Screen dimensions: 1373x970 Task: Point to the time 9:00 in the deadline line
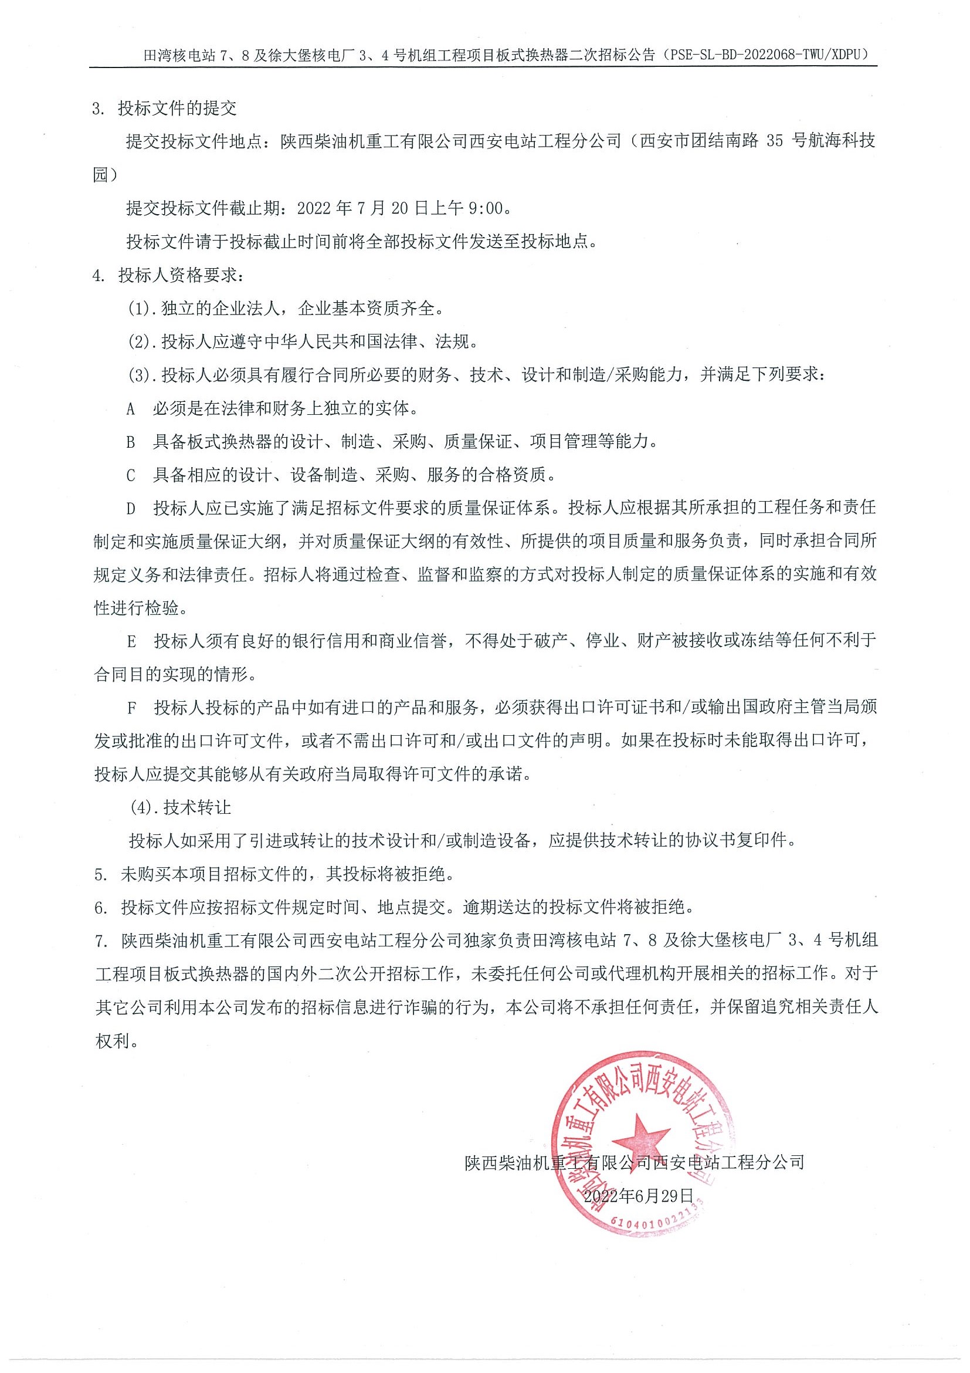(x=486, y=208)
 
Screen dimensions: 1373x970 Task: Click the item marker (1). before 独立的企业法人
(x=142, y=309)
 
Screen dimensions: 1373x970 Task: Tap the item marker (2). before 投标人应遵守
(x=142, y=342)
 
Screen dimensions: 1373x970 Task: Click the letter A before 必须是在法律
(x=131, y=409)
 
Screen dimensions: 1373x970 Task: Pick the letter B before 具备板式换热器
(x=131, y=442)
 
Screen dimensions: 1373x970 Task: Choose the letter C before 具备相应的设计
(x=131, y=476)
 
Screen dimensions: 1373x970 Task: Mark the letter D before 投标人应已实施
(x=131, y=509)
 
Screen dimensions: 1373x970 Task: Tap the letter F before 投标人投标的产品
(x=131, y=708)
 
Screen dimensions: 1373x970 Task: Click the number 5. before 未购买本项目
(x=100, y=874)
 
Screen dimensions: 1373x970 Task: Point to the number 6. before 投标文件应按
(x=100, y=908)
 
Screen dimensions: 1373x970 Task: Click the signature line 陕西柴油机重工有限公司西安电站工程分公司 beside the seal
(x=635, y=1162)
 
